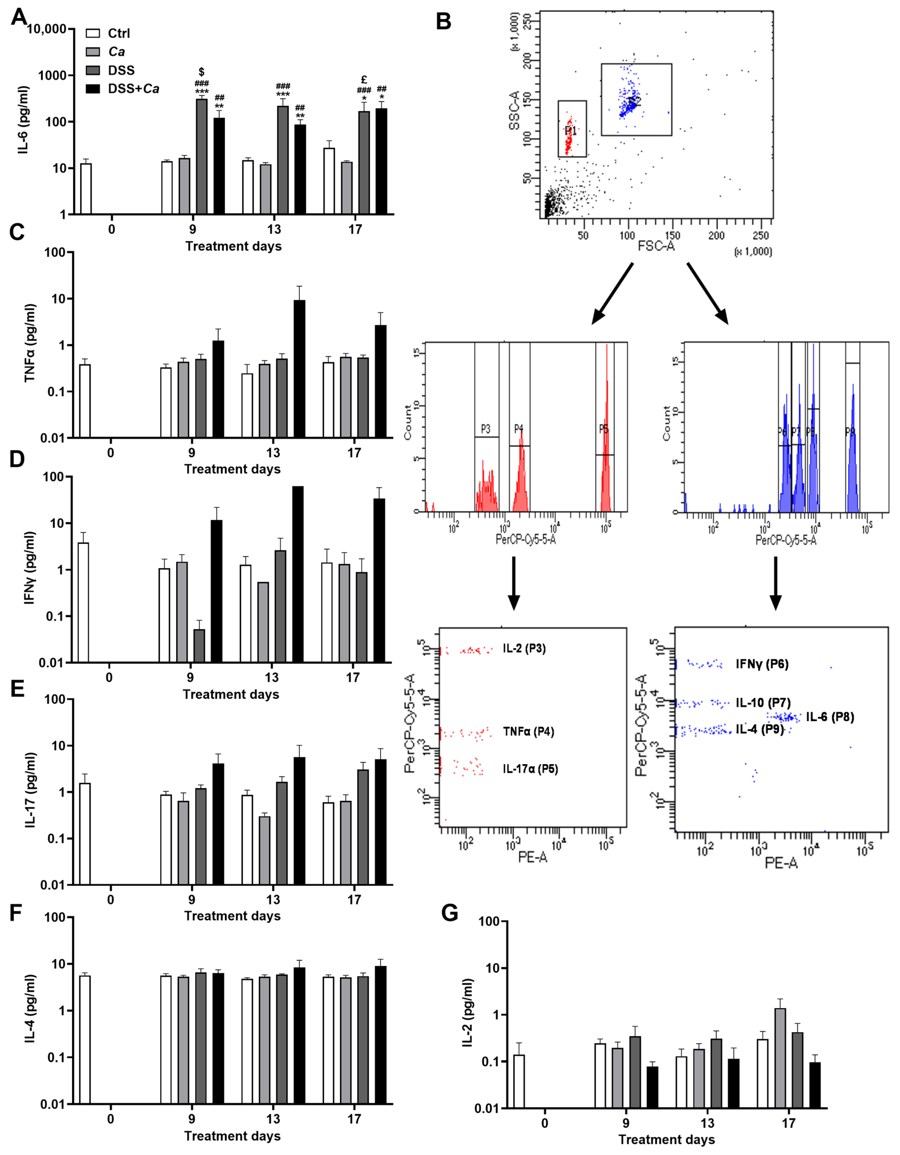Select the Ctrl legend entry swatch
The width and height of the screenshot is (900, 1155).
click(93, 33)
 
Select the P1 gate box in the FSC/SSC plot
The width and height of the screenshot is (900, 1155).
click(572, 129)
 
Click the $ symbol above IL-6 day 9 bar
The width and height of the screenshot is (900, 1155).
click(201, 71)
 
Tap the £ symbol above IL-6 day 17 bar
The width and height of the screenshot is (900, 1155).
click(364, 80)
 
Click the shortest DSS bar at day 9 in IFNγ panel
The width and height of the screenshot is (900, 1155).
click(199, 645)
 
